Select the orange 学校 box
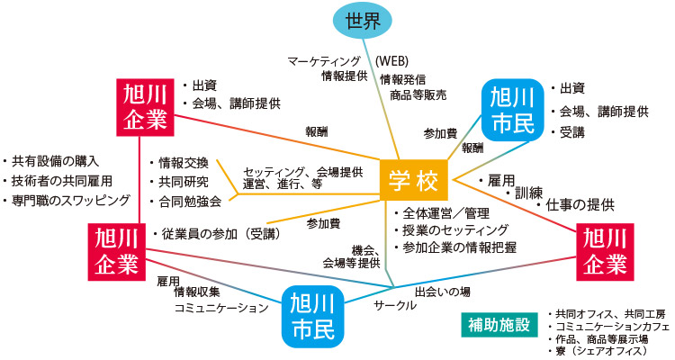point(413,181)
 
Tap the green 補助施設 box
point(497,323)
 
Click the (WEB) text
point(392,61)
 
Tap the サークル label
point(395,305)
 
